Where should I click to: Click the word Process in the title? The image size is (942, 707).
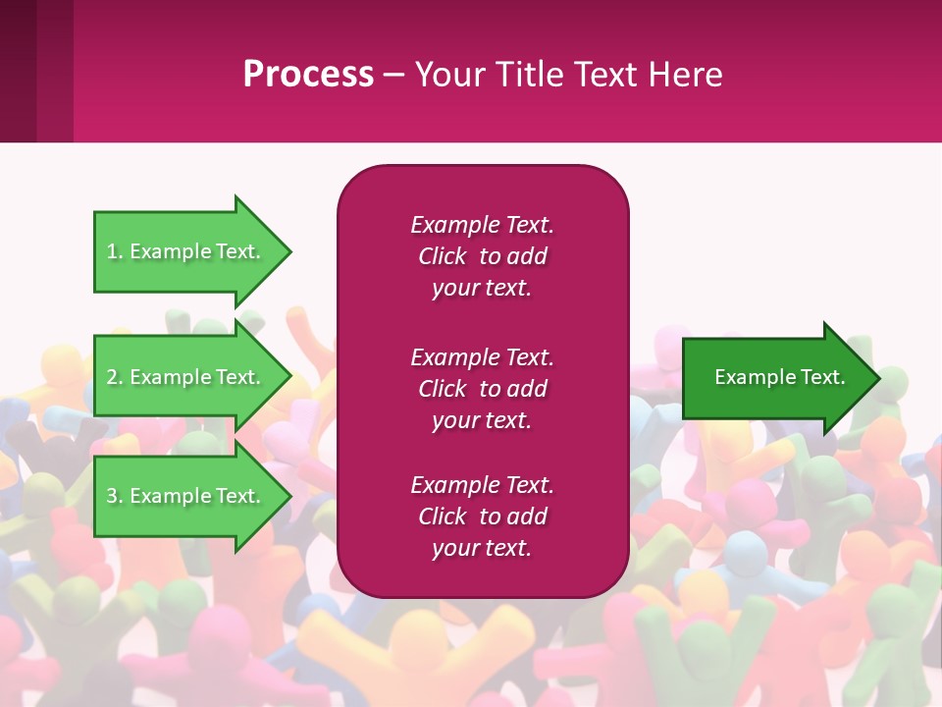(308, 75)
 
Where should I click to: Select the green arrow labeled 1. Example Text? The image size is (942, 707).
(186, 251)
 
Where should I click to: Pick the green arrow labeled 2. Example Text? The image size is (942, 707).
(186, 377)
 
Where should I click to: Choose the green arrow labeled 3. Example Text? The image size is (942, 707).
(186, 496)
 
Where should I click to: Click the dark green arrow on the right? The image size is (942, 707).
(775, 378)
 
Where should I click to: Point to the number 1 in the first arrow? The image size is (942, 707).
(112, 251)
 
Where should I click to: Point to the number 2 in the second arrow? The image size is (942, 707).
(112, 377)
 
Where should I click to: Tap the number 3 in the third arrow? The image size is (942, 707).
(112, 496)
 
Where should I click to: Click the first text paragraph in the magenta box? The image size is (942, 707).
(482, 256)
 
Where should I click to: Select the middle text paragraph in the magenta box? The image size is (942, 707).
(482, 389)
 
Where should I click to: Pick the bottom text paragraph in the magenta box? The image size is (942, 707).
(482, 517)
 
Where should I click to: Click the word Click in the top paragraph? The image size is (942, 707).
(442, 256)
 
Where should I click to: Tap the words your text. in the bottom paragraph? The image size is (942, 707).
(482, 548)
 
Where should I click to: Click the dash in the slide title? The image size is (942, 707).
(393, 75)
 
